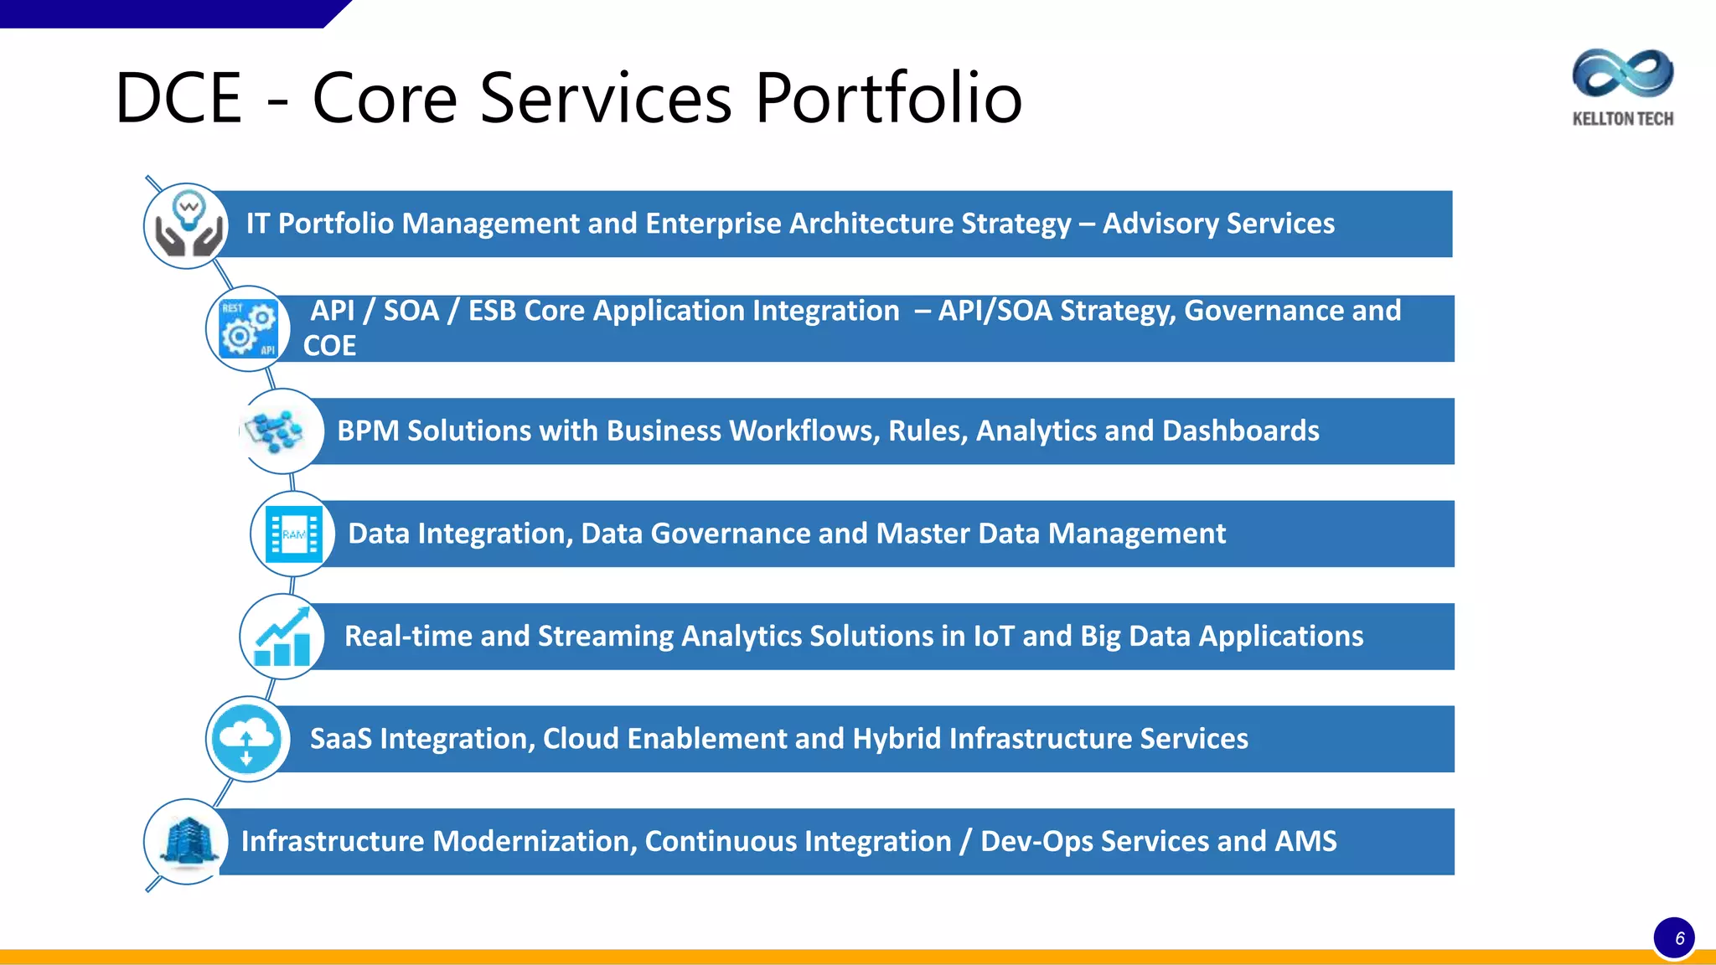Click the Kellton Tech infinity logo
[1622, 73]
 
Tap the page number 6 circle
[1674, 937]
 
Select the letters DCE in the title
[178, 98]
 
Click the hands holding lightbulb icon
[187, 225]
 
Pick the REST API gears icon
[248, 328]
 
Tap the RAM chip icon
[293, 534]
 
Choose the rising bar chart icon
[282, 637]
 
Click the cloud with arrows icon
[248, 740]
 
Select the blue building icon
[187, 841]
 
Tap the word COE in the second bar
[329, 346]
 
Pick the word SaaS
[341, 739]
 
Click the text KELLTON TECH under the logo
[1622, 119]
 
